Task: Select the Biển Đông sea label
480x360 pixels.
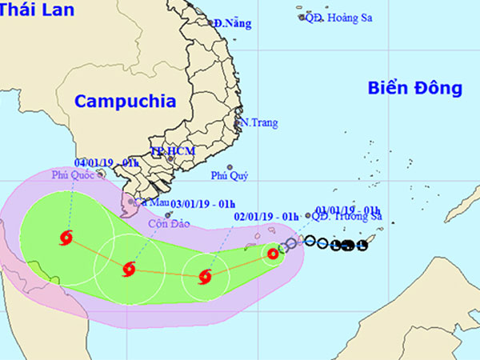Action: coord(415,88)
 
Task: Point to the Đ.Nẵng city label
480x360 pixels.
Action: coord(233,23)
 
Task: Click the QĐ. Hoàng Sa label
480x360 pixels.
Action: coord(341,16)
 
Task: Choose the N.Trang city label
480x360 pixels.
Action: coord(260,123)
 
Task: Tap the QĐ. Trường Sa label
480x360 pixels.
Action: coord(349,216)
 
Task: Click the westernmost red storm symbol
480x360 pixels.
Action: coord(66,237)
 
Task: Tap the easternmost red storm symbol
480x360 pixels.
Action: coord(273,254)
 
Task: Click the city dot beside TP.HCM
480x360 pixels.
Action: coord(170,158)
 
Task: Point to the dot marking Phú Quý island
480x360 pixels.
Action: coord(229,167)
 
